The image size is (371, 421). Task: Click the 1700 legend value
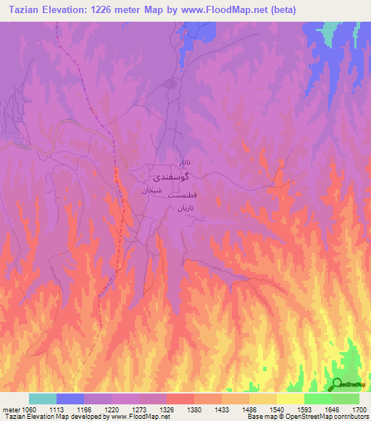pos(358,409)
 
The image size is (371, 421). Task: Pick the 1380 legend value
pos(193,409)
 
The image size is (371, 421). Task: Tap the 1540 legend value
pos(275,409)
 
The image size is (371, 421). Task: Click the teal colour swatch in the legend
pos(43,399)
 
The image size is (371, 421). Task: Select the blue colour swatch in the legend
pos(70,399)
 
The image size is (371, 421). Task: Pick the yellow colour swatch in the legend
pos(291,399)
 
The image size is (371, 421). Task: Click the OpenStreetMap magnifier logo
pos(338,384)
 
